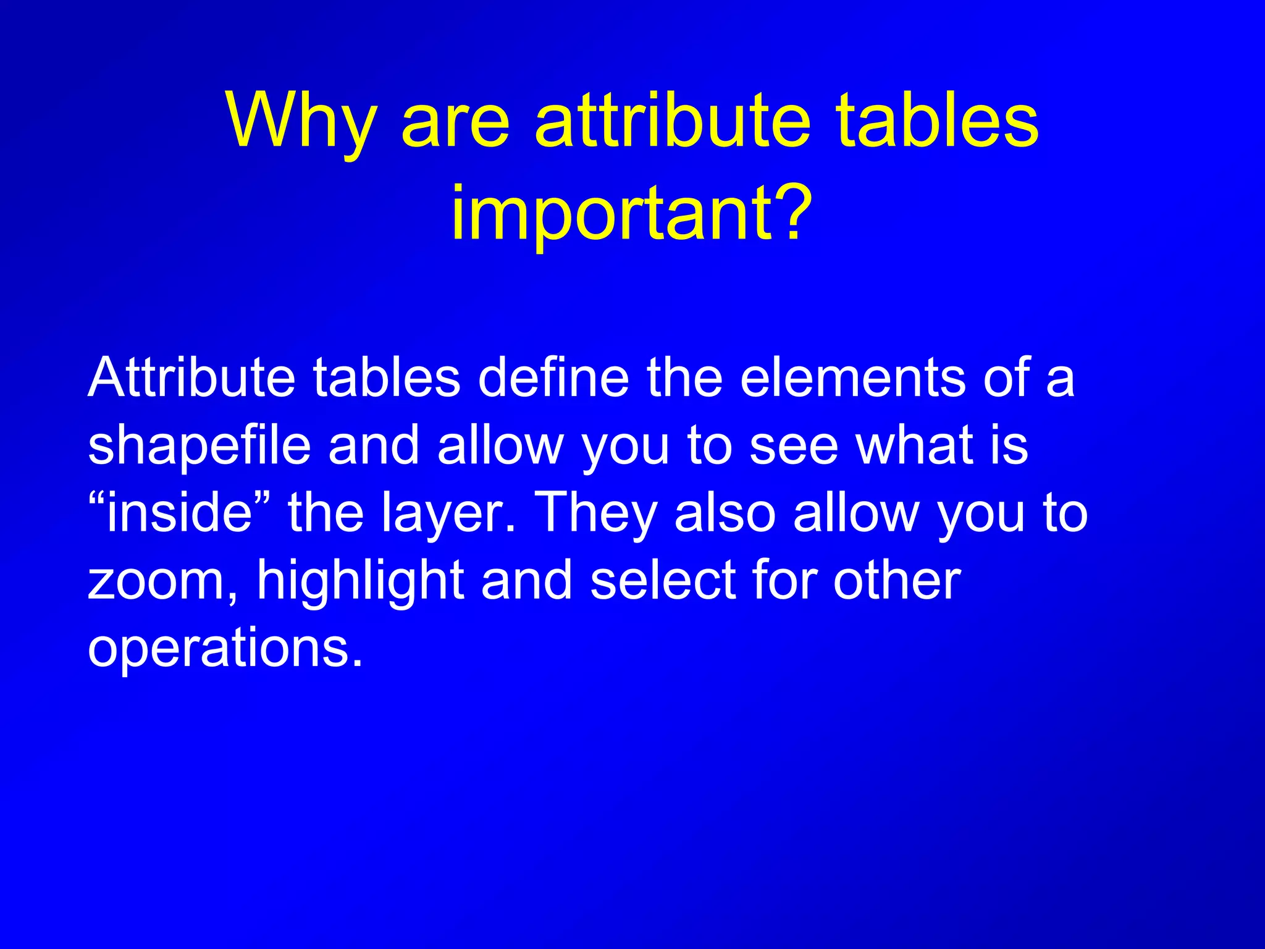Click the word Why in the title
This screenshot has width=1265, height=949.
(301, 121)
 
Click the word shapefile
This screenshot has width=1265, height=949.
(199, 446)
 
